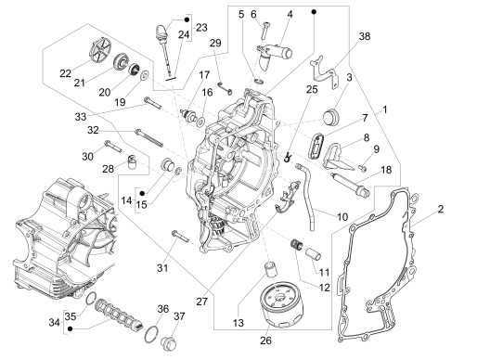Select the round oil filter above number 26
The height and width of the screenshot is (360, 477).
point(273,301)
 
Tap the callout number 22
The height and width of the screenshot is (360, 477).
point(65,72)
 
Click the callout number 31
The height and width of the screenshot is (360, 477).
point(163,268)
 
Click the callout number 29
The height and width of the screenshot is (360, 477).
point(215,45)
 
